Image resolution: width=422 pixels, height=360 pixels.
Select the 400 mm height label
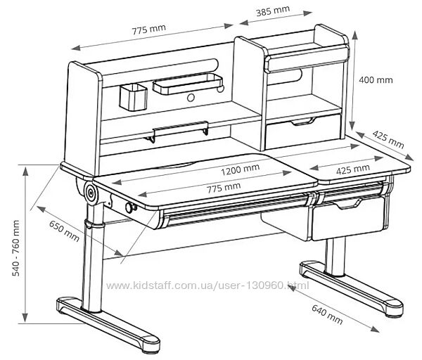coord(376,79)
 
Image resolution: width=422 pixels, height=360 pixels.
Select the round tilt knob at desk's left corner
coord(91,191)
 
